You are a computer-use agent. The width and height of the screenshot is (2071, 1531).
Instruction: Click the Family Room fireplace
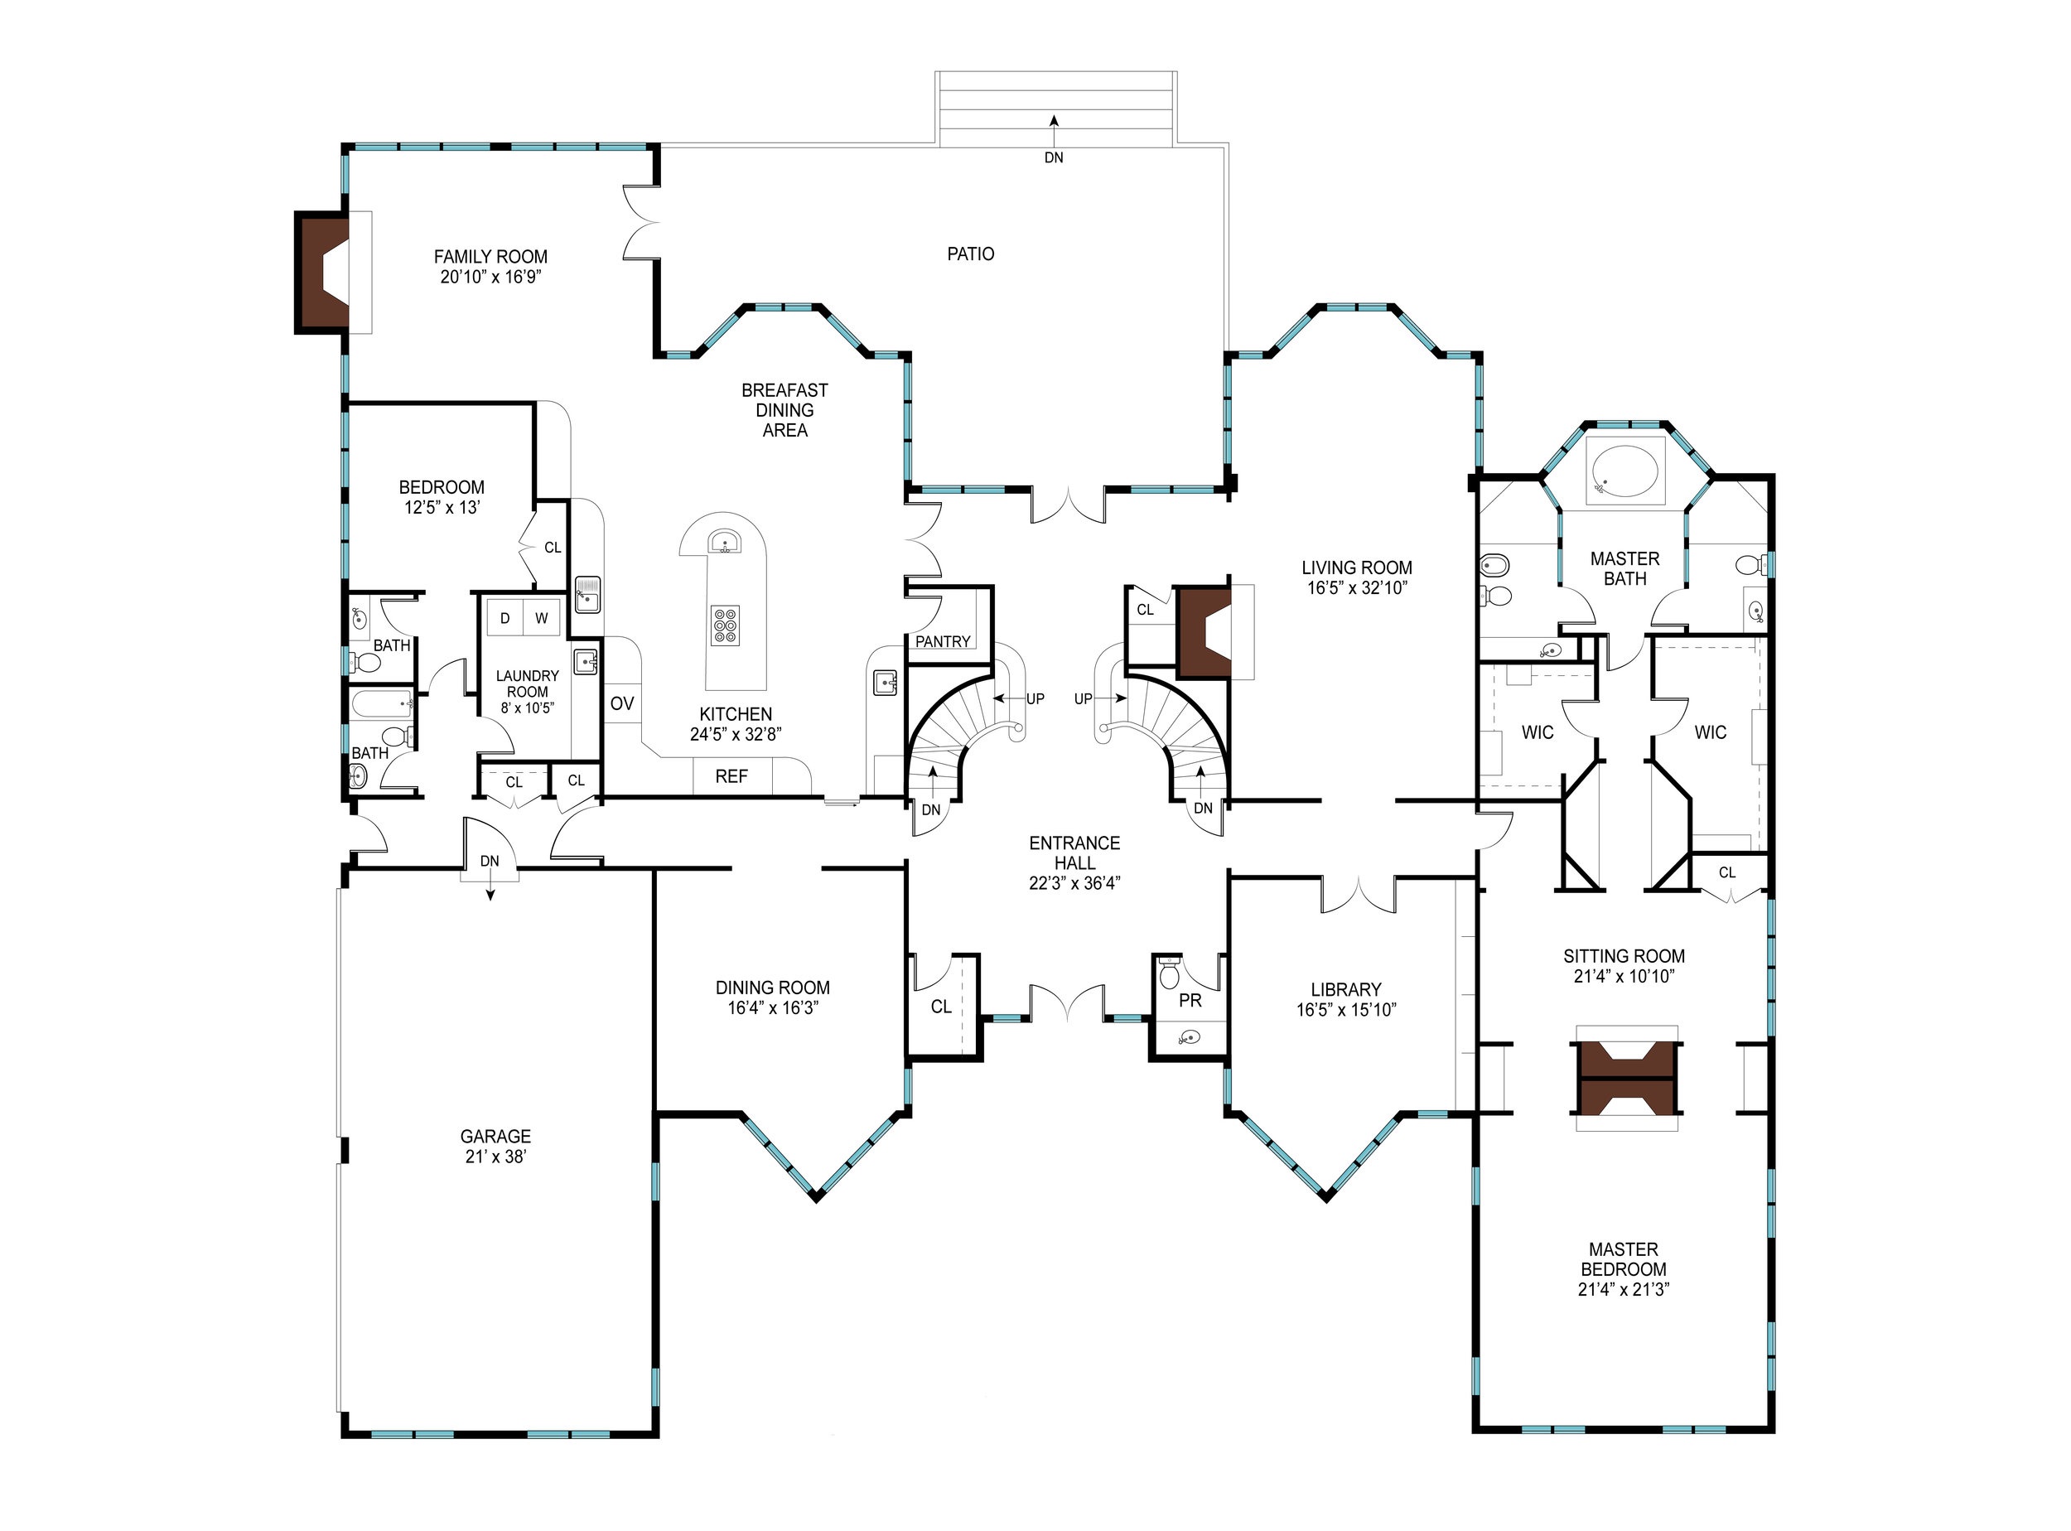click(x=322, y=272)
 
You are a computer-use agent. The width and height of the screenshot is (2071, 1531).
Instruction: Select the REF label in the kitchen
click(x=731, y=776)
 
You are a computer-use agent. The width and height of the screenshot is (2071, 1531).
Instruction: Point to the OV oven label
click(x=622, y=703)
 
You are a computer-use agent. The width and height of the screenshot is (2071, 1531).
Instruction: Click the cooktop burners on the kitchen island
click(x=726, y=625)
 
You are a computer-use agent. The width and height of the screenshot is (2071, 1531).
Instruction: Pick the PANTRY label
click(x=943, y=641)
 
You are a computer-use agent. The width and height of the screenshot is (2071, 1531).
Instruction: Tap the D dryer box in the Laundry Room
click(x=505, y=618)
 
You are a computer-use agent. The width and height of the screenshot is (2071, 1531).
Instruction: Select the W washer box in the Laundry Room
click(x=541, y=618)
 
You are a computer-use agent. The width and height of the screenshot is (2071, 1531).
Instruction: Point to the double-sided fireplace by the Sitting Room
click(x=1626, y=1078)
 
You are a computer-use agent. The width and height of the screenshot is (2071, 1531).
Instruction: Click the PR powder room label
click(x=1190, y=1001)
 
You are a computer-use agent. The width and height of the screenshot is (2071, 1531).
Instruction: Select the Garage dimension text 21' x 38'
click(x=495, y=1157)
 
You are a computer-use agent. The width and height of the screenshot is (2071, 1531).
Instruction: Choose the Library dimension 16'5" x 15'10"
click(x=1346, y=1009)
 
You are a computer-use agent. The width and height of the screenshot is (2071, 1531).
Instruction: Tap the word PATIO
click(x=970, y=254)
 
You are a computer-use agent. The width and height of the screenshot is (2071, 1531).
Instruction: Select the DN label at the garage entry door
click(x=490, y=861)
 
